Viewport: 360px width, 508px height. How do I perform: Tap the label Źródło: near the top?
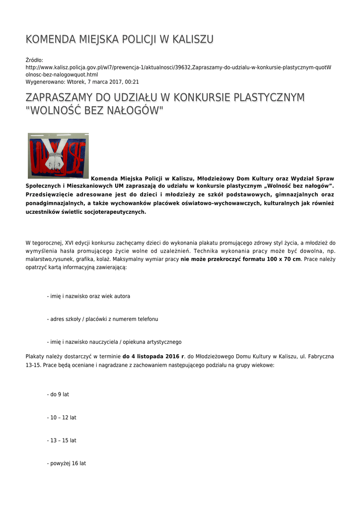click(x=34, y=60)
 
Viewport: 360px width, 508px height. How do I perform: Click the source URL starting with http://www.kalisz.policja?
click(x=179, y=67)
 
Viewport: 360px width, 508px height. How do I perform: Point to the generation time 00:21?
click(x=132, y=82)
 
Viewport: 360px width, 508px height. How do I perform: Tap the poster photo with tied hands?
click(x=59, y=155)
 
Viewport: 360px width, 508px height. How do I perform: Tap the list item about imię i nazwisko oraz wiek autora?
click(x=88, y=296)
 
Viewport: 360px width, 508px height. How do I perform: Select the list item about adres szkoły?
click(x=102, y=319)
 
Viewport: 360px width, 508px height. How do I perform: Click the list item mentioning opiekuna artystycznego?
click(x=114, y=342)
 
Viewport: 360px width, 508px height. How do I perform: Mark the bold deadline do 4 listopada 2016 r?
click(x=153, y=356)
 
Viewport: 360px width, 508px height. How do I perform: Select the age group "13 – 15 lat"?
click(x=62, y=441)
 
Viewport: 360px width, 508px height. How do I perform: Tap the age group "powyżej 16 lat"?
click(x=67, y=463)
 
